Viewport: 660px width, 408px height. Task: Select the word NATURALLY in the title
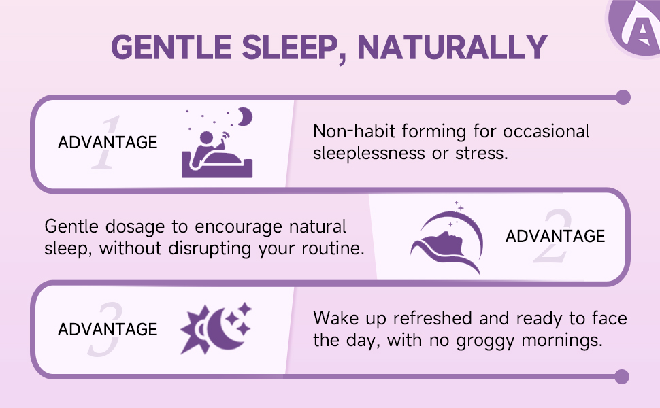tap(452, 47)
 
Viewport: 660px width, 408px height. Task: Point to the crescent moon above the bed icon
tap(245, 116)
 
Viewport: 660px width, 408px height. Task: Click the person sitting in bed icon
tap(217, 154)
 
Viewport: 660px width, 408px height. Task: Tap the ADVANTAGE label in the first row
tap(108, 143)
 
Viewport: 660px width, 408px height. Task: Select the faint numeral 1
tap(106, 143)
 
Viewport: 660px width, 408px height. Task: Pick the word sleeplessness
tap(369, 153)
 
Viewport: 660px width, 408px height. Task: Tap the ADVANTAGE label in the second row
tap(555, 237)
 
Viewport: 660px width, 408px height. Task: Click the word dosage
tap(135, 227)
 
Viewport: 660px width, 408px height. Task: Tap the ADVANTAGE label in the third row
tap(108, 329)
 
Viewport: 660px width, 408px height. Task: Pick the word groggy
tap(485, 341)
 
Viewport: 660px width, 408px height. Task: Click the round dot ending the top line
tap(623, 97)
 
